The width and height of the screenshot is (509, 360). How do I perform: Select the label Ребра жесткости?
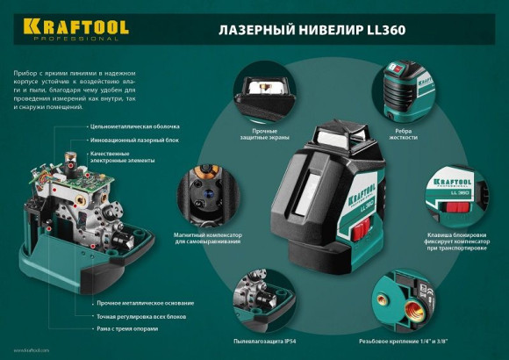pos(404,136)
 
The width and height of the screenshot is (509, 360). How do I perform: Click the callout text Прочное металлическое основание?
pos(133,303)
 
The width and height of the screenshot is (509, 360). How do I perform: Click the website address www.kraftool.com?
pos(32,350)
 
